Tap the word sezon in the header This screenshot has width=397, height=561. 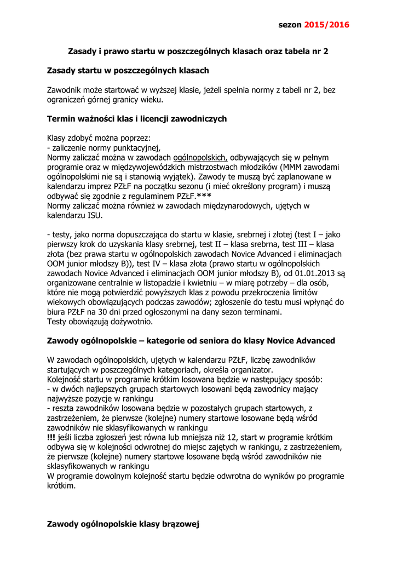click(x=290, y=25)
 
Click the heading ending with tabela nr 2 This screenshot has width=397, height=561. click(x=198, y=51)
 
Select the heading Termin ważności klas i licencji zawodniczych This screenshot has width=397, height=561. click(x=137, y=119)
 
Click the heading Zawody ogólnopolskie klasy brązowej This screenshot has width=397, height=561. click(x=123, y=524)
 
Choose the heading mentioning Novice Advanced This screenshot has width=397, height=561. click(x=191, y=341)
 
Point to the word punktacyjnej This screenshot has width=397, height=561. click(x=133, y=147)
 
